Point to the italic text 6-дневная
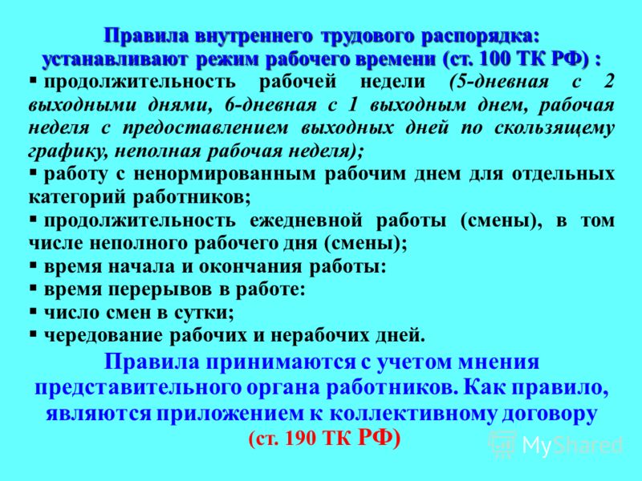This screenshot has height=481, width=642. [270, 105]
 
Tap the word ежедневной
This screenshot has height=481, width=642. [306, 221]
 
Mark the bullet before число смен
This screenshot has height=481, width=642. [33, 313]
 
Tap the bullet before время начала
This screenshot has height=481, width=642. [33, 267]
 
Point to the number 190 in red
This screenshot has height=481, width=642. [302, 439]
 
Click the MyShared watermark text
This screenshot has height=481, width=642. [572, 445]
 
